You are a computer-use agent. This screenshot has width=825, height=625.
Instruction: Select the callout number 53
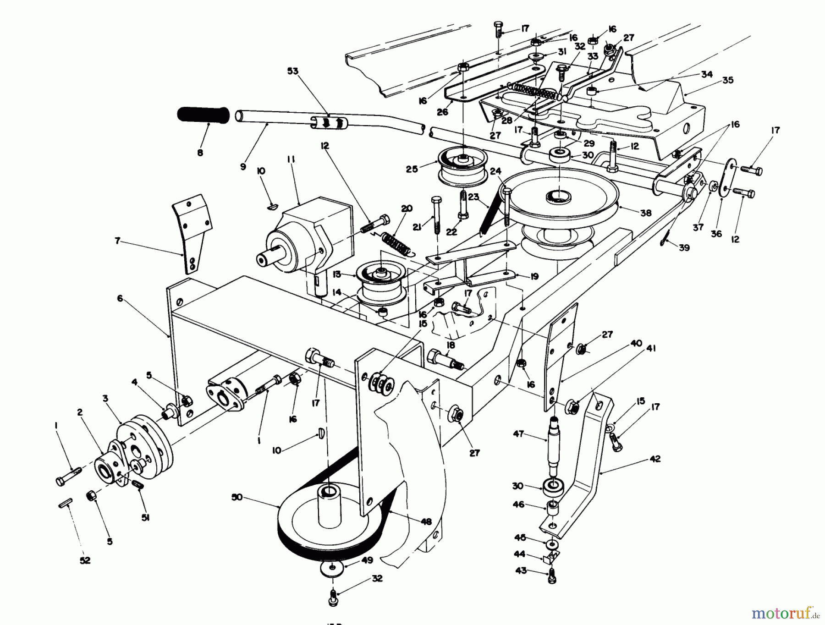pyautogui.click(x=292, y=71)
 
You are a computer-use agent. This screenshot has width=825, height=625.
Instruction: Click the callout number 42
pyautogui.click(x=655, y=459)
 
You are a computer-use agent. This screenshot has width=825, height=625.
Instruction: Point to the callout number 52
pyautogui.click(x=85, y=560)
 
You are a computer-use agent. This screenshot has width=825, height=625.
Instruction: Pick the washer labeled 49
pyautogui.click(x=332, y=570)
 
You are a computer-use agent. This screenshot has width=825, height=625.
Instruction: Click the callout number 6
pyautogui.click(x=120, y=298)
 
